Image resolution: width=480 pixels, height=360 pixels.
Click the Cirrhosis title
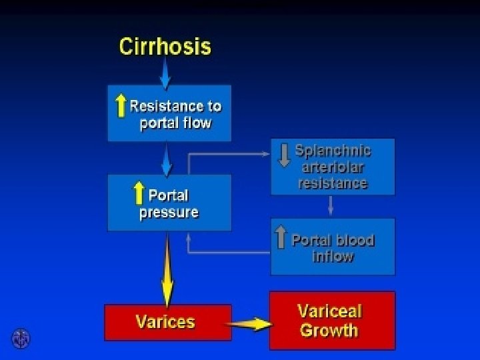[x=165, y=47]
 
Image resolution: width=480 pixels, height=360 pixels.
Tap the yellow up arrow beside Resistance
[x=121, y=105]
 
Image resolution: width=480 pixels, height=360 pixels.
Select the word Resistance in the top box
[x=175, y=106]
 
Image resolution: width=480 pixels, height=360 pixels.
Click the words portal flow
[x=175, y=123]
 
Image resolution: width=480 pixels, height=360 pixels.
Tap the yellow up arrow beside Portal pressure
[x=139, y=193]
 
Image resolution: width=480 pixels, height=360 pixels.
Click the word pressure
[x=169, y=213]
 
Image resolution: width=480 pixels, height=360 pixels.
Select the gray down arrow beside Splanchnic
[x=284, y=154]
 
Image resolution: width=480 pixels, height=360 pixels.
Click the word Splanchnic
[x=333, y=151]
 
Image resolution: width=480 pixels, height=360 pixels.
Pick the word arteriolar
[x=333, y=167]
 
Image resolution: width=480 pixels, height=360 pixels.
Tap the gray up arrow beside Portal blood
[x=281, y=237]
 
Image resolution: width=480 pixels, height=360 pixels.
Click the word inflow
[x=333, y=256]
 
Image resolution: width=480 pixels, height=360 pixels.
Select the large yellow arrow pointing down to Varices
[x=167, y=267]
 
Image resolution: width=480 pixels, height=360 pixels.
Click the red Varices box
[x=168, y=322]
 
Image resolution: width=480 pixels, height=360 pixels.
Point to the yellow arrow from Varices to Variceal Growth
[x=250, y=325]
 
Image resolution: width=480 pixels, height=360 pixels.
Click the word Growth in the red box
[x=329, y=331]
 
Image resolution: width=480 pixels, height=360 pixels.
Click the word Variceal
[x=329, y=311]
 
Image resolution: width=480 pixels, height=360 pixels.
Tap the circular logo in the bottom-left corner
[x=21, y=339]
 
